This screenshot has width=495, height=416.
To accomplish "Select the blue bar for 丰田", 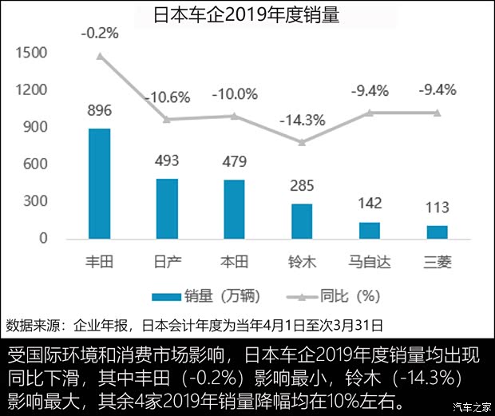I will (99, 183).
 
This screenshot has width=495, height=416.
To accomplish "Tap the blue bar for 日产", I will (167, 208).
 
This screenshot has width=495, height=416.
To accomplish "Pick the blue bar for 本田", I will (235, 209).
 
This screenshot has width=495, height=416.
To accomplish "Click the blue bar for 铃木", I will (302, 221).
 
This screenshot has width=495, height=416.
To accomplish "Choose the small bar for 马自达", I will (370, 230).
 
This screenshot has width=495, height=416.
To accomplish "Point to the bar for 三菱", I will (437, 232).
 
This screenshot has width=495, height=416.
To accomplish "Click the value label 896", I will (100, 110).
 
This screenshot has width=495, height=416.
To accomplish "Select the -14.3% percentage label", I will (302, 121).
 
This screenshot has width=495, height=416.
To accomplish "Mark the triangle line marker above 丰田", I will (100, 56).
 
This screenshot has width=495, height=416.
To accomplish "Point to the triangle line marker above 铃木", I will (302, 142).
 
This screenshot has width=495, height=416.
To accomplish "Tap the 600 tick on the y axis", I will (35, 164).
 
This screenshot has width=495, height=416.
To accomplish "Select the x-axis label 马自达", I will (370, 261).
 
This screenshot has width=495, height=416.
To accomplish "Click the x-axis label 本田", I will (235, 261).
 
